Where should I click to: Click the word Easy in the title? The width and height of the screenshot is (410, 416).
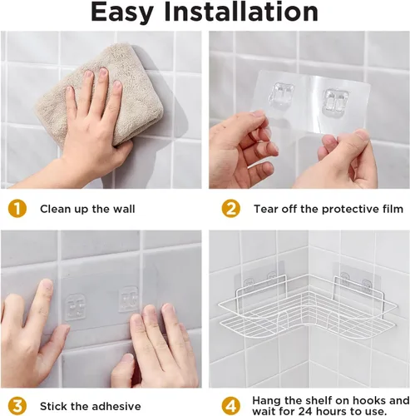click(x=122, y=12)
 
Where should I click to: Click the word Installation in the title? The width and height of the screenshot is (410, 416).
click(x=241, y=12)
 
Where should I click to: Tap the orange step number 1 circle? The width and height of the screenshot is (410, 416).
click(x=17, y=209)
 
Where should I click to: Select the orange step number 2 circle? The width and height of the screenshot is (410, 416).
click(x=231, y=209)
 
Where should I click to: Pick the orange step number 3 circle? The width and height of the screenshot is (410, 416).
click(x=17, y=406)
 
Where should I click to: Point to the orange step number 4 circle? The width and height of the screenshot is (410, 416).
click(x=231, y=406)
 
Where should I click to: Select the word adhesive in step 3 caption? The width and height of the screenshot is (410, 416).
click(x=116, y=406)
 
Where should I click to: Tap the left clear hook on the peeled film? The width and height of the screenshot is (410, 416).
click(x=283, y=94)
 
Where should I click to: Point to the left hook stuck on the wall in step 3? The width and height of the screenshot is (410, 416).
click(x=75, y=307)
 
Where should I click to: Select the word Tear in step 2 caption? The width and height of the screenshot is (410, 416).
click(x=266, y=209)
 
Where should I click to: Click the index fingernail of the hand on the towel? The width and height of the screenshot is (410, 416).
click(x=89, y=75)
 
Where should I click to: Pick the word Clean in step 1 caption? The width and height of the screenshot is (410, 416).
click(x=55, y=209)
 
